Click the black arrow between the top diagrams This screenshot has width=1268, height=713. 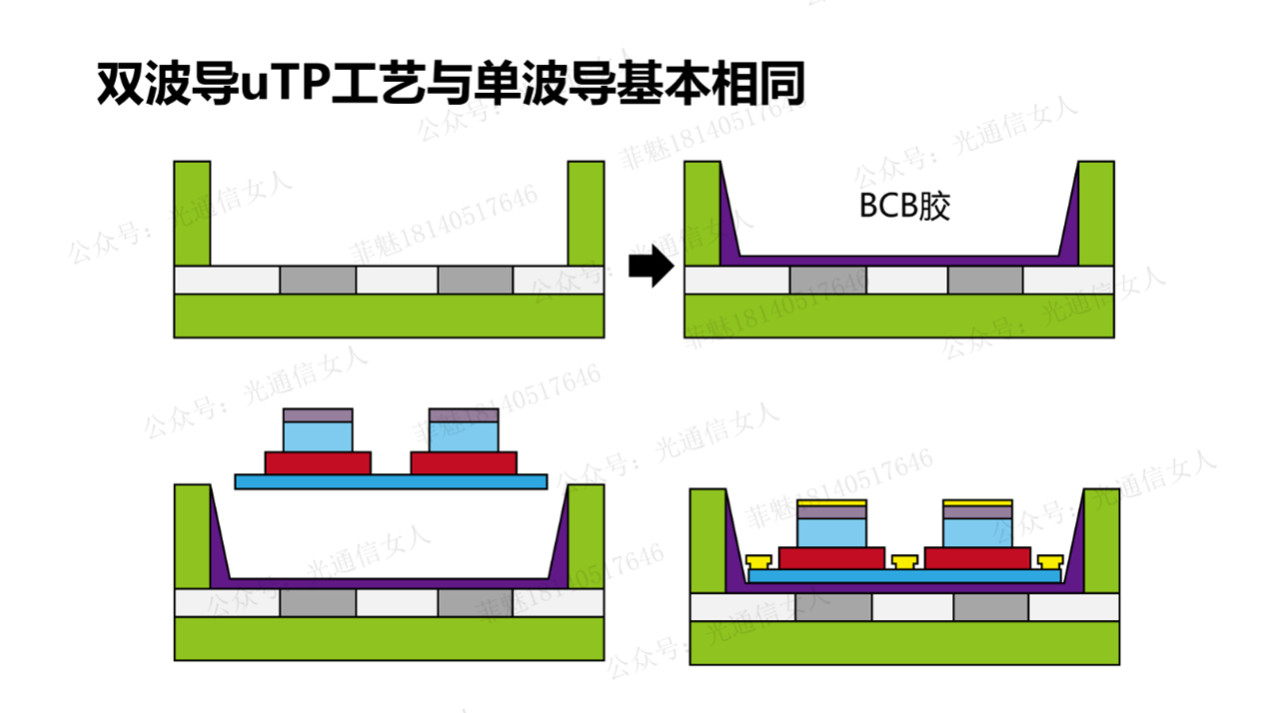pyautogui.click(x=651, y=266)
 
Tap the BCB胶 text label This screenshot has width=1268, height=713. pyautogui.click(x=904, y=207)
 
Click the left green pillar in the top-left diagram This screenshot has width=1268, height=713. pyautogui.click(x=192, y=212)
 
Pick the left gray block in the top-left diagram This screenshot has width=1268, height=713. pyautogui.click(x=317, y=281)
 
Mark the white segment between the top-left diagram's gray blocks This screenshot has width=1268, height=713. pyautogui.click(x=397, y=281)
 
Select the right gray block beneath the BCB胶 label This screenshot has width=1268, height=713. pyautogui.click(x=985, y=281)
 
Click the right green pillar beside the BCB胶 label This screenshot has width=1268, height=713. pyautogui.click(x=1095, y=212)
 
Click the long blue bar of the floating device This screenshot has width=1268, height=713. pyautogui.click(x=391, y=481)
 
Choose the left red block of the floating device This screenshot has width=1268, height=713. pyautogui.click(x=318, y=462)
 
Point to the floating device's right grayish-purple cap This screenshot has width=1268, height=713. pyautogui.click(x=463, y=414)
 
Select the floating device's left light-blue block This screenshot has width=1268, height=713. pyautogui.click(x=318, y=436)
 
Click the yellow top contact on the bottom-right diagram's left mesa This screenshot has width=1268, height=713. pyautogui.click(x=832, y=501)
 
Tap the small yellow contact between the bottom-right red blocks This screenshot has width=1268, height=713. pyautogui.click(x=904, y=561)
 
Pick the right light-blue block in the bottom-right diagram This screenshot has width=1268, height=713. pyautogui.click(x=978, y=532)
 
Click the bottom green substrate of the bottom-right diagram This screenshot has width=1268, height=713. pyautogui.click(x=904, y=642)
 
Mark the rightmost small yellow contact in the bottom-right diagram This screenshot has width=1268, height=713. pyautogui.click(x=1050, y=561)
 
